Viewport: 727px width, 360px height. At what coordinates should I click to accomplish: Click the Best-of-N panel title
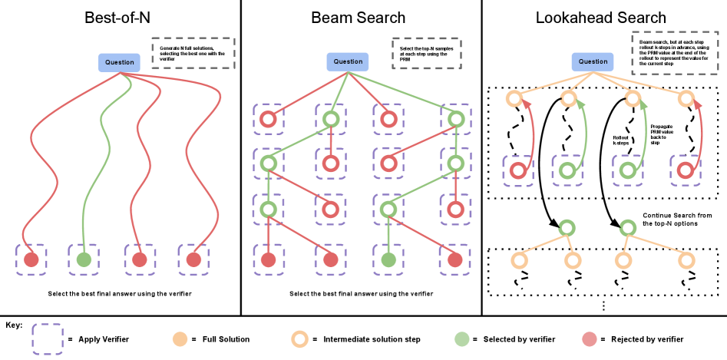[120, 17]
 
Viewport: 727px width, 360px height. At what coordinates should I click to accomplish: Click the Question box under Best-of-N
[119, 62]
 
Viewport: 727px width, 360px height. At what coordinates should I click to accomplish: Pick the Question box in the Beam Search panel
[348, 61]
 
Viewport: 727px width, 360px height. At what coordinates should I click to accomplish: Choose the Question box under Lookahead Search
[593, 61]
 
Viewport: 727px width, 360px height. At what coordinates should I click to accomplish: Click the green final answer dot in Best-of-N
[84, 259]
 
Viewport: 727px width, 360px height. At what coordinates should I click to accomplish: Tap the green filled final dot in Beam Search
[388, 259]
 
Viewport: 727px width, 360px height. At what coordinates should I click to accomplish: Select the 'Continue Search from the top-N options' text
[678, 220]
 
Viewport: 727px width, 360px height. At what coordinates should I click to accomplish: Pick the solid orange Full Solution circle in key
[179, 339]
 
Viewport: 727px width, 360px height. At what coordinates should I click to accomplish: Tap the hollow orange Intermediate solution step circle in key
[299, 339]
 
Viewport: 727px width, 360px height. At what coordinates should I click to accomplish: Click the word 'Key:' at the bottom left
[14, 325]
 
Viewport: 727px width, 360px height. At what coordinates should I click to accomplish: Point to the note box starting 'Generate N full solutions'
[193, 52]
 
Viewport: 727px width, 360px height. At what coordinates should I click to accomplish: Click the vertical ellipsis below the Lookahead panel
[603, 306]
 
